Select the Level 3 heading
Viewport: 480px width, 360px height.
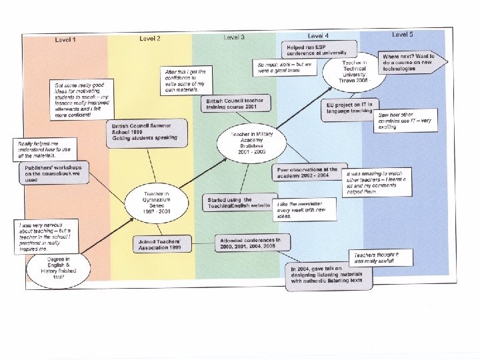tap(233, 37)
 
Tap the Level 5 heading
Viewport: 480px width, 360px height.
tap(402, 33)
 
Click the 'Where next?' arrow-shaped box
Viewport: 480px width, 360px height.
tap(407, 62)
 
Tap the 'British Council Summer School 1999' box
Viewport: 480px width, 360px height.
tap(141, 130)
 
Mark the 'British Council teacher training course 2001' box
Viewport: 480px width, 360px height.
tap(235, 103)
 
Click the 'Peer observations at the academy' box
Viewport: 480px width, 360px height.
tap(309, 172)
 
